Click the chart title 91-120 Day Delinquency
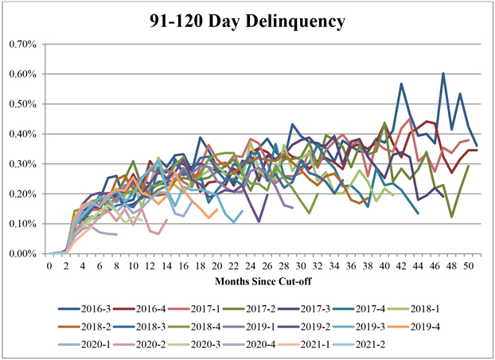click(x=247, y=21)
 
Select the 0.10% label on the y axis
click(x=23, y=224)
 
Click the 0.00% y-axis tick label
click(x=23, y=254)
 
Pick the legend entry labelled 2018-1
click(x=466, y=308)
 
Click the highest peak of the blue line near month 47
click(x=443, y=73)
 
